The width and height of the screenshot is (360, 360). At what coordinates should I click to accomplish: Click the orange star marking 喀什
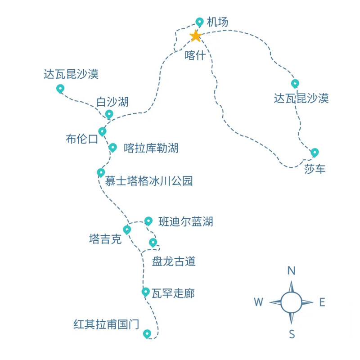195,36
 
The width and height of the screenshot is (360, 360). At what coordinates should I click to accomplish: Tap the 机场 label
218,22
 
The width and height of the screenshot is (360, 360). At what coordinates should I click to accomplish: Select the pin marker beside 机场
200,22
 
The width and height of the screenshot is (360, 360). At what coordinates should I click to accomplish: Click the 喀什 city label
195,55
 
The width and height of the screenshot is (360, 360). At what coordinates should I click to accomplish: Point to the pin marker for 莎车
315,152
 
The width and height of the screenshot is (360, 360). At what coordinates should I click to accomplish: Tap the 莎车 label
315,169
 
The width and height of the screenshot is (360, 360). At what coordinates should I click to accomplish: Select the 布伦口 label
81,139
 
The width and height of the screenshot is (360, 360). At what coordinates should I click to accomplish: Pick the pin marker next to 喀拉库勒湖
112,147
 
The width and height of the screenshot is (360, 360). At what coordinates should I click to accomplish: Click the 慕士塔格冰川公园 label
148,181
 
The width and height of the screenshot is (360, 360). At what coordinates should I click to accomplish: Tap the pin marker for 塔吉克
127,229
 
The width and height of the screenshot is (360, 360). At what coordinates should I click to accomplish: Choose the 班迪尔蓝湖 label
185,221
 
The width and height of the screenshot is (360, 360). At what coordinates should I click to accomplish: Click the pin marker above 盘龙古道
153,242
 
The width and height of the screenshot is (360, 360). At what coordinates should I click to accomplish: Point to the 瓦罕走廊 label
173,294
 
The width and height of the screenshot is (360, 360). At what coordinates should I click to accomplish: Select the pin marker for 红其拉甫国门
147,333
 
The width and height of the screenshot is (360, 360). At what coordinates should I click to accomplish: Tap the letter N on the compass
292,270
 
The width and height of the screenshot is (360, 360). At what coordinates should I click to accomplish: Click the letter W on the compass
258,302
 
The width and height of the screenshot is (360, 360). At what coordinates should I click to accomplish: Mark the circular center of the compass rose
292,302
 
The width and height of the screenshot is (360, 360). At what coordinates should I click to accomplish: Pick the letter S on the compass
292,334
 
